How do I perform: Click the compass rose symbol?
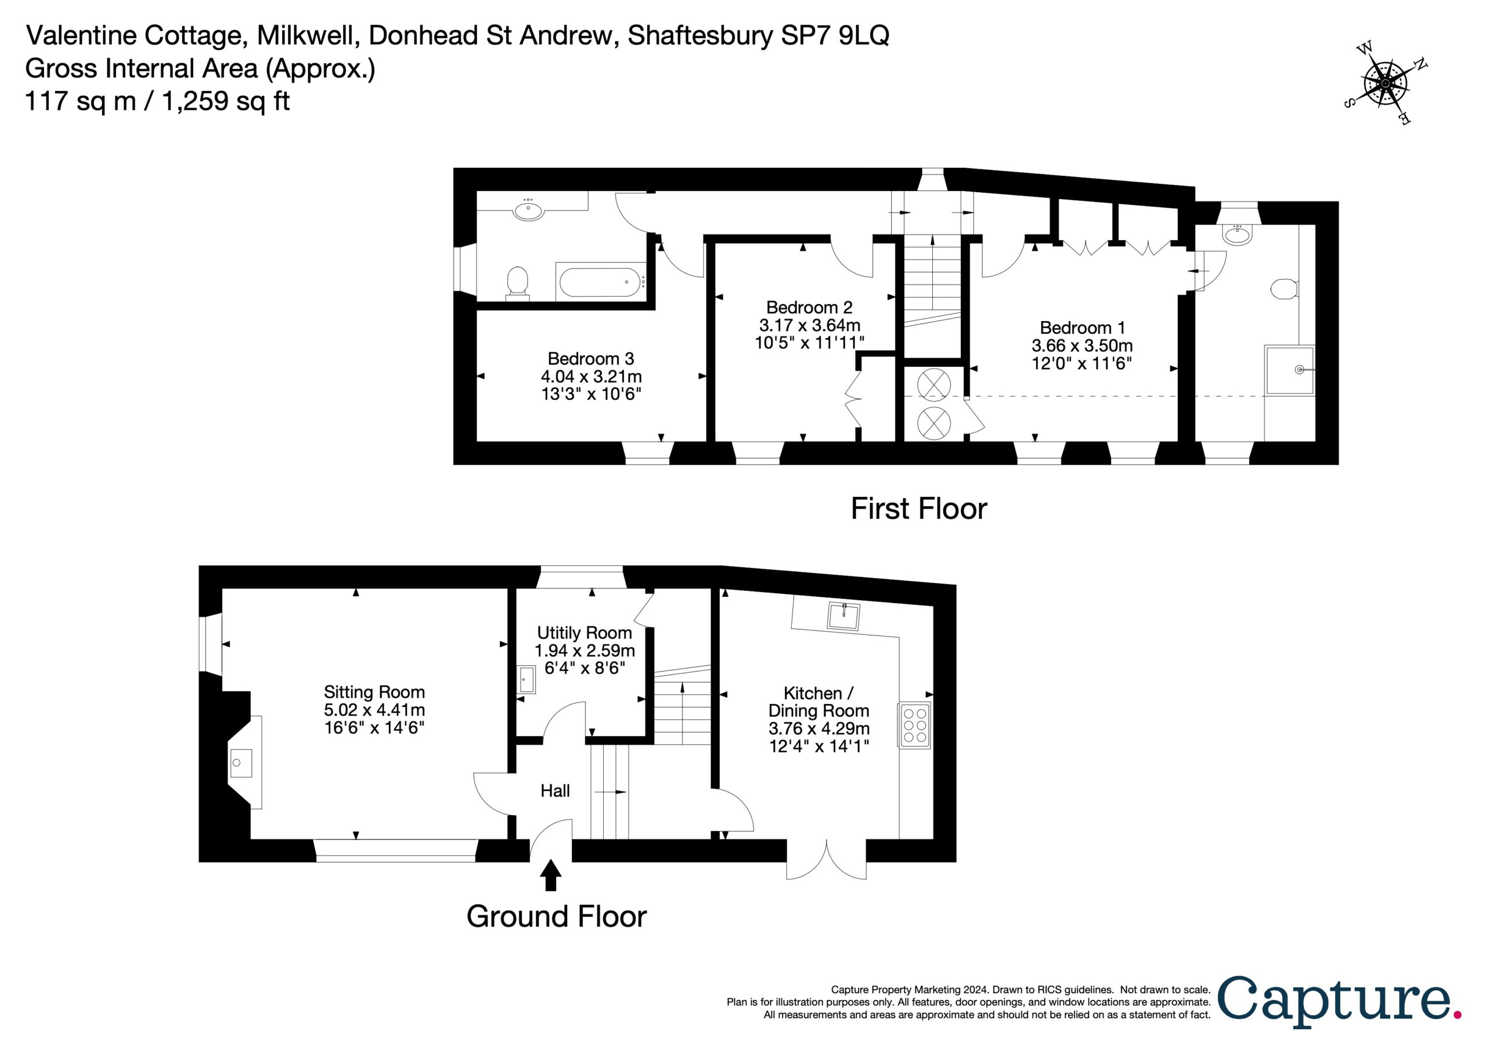pos(1384,84)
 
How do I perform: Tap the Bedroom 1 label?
pos(1081,327)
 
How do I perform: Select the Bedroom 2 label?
pos(809,307)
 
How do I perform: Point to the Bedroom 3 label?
pos(590,359)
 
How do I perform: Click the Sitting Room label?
pos(374,692)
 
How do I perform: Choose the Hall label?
pos(556,791)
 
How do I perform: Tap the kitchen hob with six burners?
pos(914,725)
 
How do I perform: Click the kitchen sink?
pos(844,616)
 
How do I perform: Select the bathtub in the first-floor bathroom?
pos(601,282)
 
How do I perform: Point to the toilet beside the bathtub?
pos(517,283)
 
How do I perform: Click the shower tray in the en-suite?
pos(1290,370)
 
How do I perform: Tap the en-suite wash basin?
pos(1238,234)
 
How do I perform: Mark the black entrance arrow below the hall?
pos(551,875)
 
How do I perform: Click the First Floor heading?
pos(918,509)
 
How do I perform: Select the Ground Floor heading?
pos(557,917)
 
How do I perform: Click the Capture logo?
pos(1340,1001)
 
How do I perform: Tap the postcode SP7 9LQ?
pos(835,35)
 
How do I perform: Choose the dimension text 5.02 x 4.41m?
pos(374,709)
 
